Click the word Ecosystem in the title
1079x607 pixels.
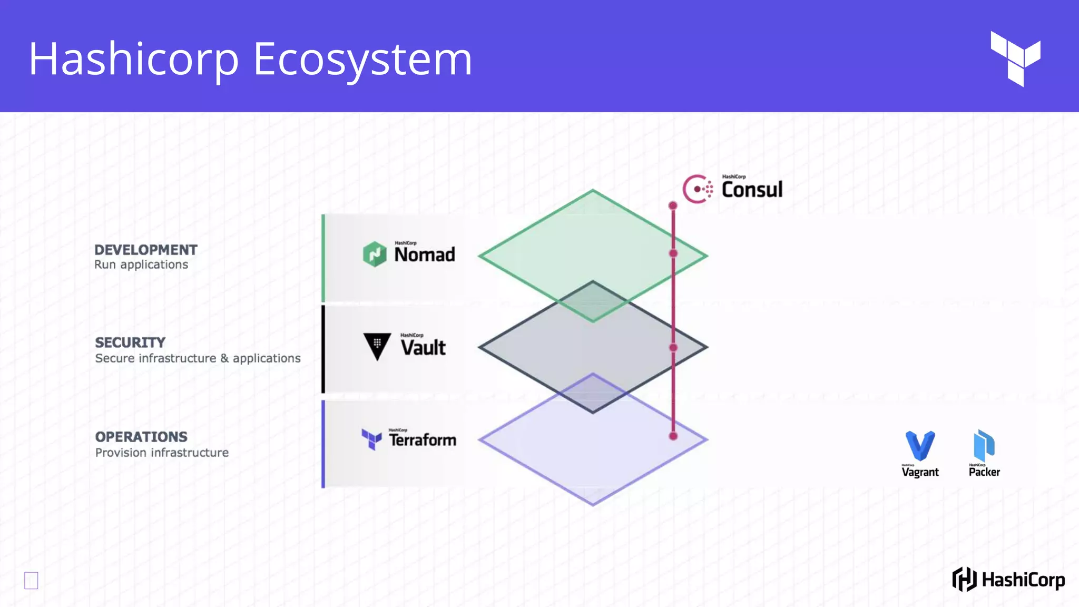point(362,59)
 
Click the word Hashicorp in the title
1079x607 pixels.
point(134,59)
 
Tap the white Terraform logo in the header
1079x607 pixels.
point(1015,58)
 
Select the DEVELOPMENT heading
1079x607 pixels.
point(146,250)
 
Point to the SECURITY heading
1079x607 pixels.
point(130,342)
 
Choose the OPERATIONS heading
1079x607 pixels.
point(141,437)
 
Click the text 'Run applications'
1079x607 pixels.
point(141,265)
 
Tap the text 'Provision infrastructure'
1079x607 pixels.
point(162,453)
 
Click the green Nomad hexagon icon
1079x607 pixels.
point(375,254)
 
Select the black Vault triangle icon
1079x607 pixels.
point(377,346)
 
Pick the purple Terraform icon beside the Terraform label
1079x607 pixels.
point(371,439)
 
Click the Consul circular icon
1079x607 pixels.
point(698,189)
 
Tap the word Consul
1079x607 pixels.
point(752,190)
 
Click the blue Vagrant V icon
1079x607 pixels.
point(920,446)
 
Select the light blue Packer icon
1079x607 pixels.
point(984,446)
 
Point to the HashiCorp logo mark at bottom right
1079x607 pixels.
point(964,580)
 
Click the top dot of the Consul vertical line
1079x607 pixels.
point(673,205)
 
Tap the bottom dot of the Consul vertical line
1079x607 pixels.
point(673,436)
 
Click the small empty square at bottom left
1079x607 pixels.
point(31,580)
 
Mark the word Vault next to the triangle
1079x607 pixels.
point(423,348)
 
